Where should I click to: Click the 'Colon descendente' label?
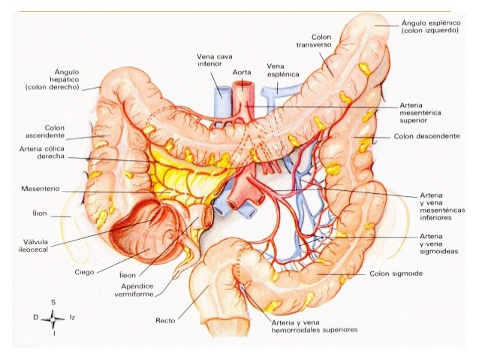426,138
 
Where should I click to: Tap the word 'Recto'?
165,321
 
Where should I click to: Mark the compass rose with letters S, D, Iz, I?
53,318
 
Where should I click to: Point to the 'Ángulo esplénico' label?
429,26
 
